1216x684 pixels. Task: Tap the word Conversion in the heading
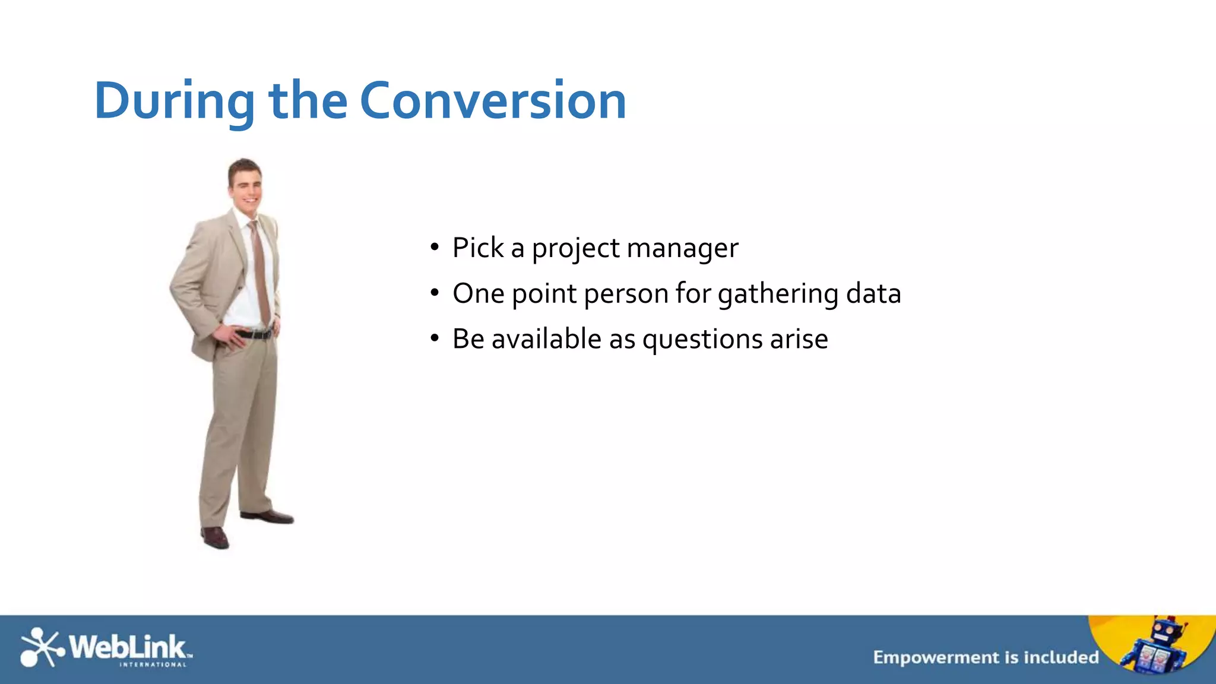(x=493, y=101)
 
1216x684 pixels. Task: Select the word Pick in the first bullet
(x=477, y=248)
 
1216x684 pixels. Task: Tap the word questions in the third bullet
(x=702, y=340)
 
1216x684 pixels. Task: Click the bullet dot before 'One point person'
(x=435, y=293)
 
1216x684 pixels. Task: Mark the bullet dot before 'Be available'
(x=435, y=338)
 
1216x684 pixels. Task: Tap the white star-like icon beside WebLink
(x=40, y=647)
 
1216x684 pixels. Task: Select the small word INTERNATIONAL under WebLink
(x=153, y=664)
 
